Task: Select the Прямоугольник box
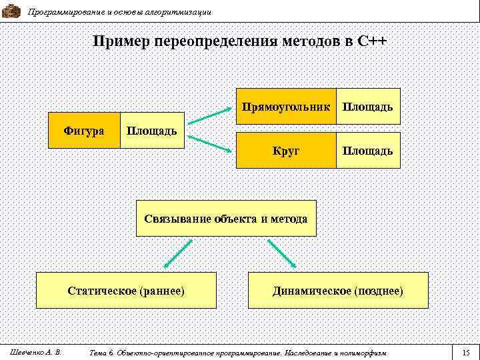click(286, 107)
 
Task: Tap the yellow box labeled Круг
click(286, 151)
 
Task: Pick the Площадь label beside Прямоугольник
click(367, 107)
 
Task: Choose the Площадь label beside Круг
click(367, 151)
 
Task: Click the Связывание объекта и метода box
click(226, 218)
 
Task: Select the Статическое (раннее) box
click(127, 291)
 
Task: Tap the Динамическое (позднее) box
click(337, 291)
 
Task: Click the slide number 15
click(466, 351)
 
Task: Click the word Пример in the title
click(121, 42)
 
